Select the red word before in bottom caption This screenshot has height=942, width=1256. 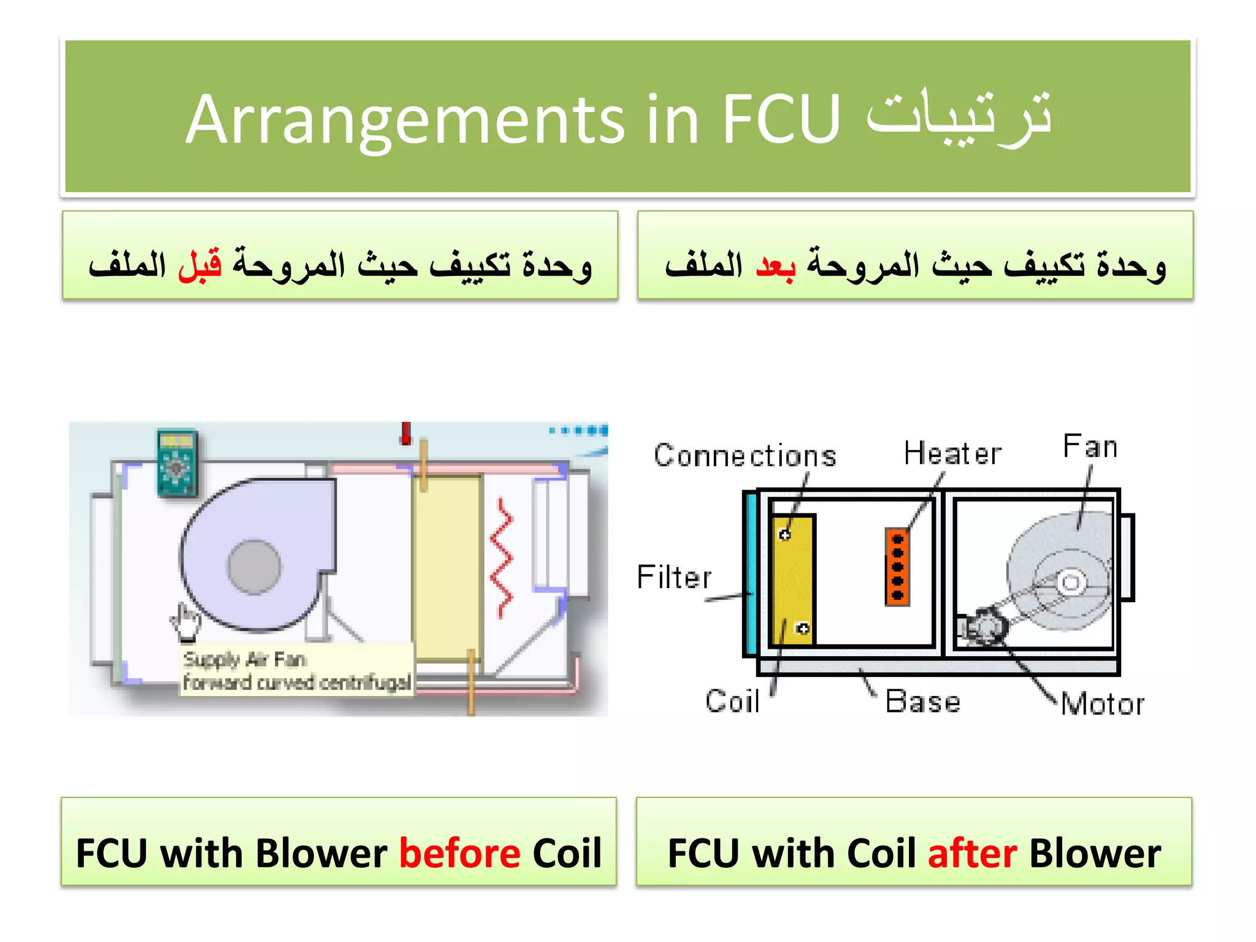pyautogui.click(x=459, y=853)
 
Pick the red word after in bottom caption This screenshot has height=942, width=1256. pyautogui.click(x=972, y=853)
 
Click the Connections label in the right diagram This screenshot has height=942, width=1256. pyautogui.click(x=745, y=456)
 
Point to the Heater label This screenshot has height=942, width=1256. pyautogui.click(x=952, y=454)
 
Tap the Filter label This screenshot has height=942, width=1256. pyautogui.click(x=674, y=577)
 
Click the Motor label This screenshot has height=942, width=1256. pyautogui.click(x=1102, y=703)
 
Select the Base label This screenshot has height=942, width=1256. pyautogui.click(x=922, y=701)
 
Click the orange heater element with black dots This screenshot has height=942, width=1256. pyautogui.click(x=897, y=567)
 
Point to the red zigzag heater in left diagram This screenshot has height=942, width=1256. pyautogui.click(x=502, y=558)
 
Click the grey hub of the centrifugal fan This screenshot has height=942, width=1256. pyautogui.click(x=254, y=567)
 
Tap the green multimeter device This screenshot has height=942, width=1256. pyautogui.click(x=177, y=463)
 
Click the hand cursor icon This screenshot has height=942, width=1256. pyautogui.click(x=186, y=621)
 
